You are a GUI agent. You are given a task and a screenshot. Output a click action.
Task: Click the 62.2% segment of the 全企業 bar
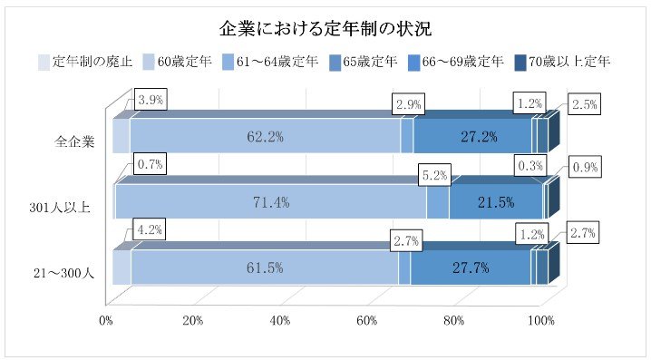266,137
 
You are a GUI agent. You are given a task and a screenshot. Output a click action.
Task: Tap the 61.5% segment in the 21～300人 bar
264,268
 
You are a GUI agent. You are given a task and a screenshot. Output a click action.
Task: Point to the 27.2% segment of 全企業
471,137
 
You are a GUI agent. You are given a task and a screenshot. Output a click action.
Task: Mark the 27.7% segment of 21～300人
470,268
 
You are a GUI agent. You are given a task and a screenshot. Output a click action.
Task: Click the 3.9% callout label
150,100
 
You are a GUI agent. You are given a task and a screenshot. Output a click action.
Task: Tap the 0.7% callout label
149,165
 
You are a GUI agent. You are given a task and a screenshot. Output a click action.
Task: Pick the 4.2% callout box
150,230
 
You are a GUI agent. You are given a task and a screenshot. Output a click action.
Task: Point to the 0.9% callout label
585,168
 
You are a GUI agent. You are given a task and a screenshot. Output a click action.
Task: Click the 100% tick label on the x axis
541,320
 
